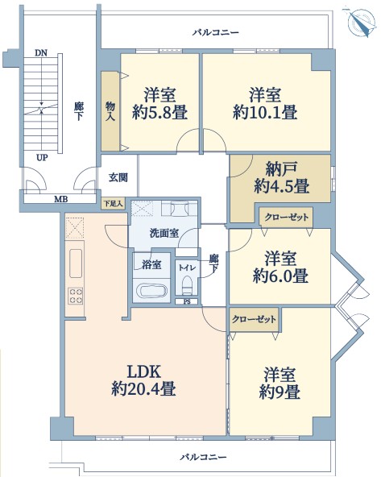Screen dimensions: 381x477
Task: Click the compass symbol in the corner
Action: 360,22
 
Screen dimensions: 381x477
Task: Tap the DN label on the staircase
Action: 41,53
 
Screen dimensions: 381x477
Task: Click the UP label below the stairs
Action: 42,158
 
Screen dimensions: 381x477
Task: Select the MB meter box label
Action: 60,200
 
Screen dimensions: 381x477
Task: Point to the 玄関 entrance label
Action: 118,177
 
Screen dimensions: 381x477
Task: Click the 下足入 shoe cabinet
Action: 113,203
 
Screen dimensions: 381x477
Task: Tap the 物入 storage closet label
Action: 110,111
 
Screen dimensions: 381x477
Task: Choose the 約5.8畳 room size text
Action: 159,113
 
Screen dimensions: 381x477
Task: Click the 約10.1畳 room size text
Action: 265,113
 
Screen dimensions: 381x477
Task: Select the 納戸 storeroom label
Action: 281,169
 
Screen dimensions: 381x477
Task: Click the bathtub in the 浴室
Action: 151,291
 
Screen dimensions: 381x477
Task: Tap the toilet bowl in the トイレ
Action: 187,284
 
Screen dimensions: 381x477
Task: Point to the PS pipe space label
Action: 187,302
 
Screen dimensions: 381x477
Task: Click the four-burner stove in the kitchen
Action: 76,296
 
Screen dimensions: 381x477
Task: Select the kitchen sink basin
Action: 76,263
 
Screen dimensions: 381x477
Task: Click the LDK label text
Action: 143,371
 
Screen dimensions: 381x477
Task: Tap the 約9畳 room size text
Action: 280,392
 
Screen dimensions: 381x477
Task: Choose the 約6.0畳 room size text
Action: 280,276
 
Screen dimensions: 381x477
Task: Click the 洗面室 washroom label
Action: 164,233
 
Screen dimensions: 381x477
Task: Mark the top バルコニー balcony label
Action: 216,32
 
